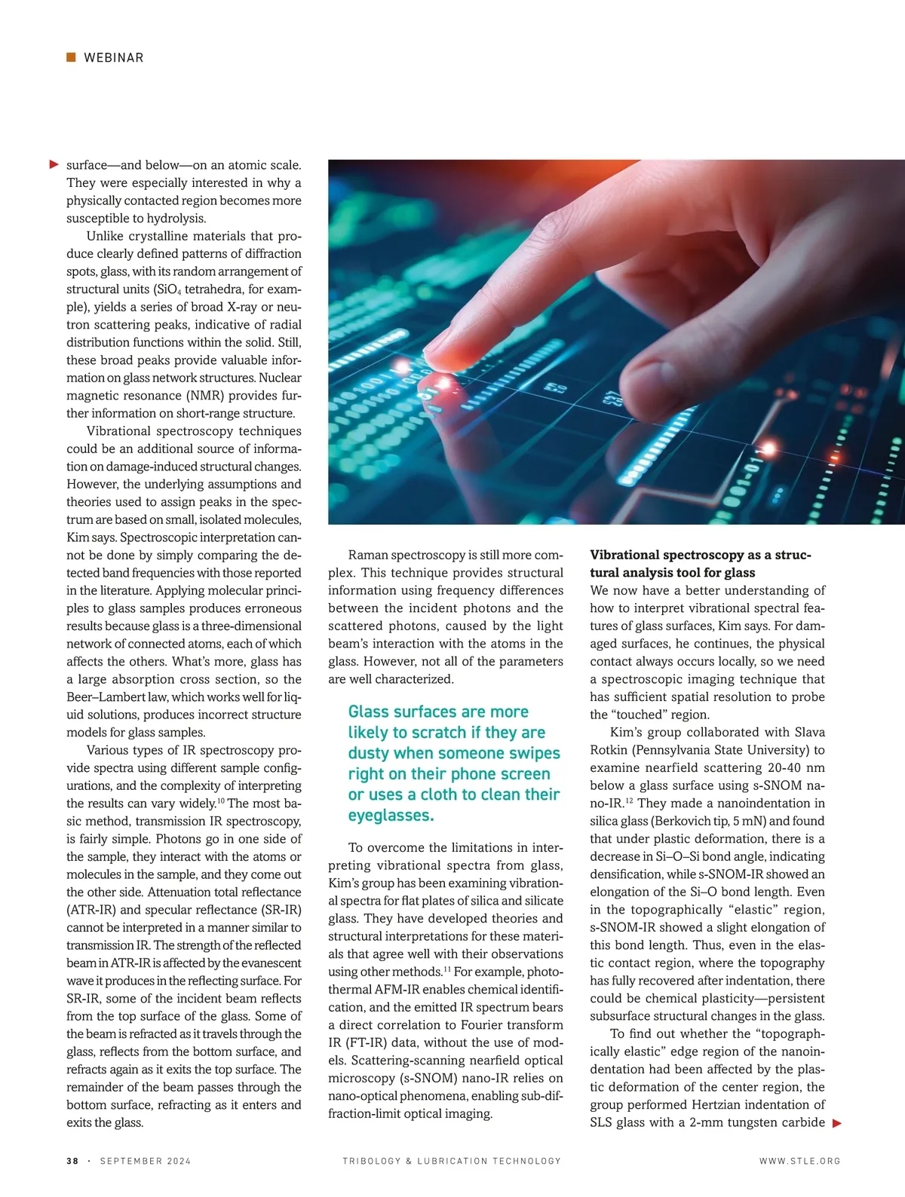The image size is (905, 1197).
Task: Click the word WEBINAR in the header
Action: coord(113,58)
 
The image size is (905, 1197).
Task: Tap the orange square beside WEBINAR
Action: coord(71,57)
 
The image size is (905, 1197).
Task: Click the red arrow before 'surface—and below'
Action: coord(54,164)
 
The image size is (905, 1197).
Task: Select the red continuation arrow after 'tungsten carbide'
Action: coord(836,1123)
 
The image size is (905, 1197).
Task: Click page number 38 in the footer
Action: coord(72,1161)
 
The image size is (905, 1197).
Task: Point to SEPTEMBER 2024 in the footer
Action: coord(146,1161)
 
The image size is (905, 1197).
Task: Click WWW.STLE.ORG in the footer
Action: coord(799,1161)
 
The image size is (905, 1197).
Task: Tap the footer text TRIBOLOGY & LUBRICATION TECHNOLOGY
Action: coord(452,1161)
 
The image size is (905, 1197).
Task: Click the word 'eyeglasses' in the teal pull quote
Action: coord(389,816)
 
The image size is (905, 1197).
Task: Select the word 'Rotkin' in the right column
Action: coord(610,750)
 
